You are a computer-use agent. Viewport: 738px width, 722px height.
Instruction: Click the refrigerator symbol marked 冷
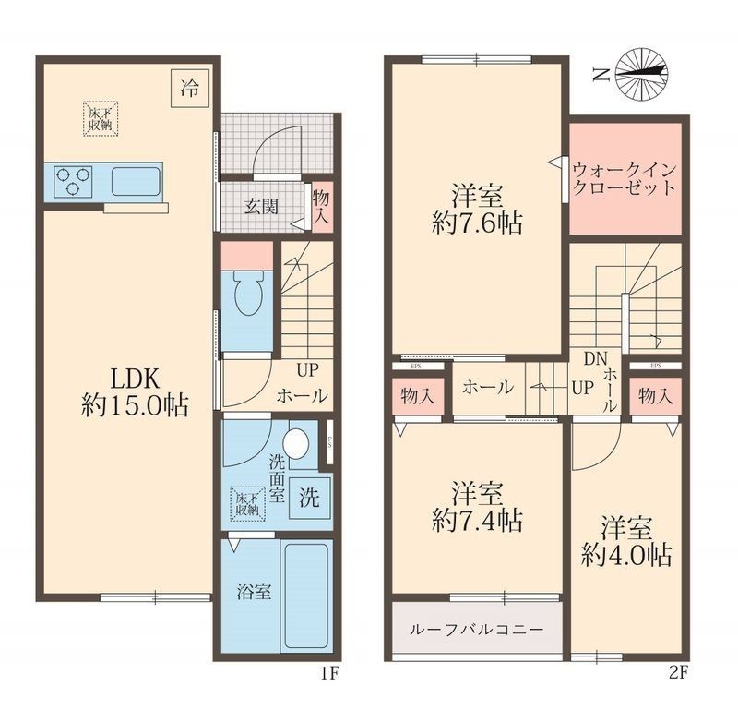[188, 89]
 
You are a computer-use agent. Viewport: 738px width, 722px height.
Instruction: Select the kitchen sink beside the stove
[137, 181]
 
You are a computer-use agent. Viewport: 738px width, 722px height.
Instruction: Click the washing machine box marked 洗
[309, 499]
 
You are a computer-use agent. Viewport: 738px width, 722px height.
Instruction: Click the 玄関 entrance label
[260, 206]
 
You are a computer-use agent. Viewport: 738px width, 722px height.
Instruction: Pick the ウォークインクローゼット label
[624, 178]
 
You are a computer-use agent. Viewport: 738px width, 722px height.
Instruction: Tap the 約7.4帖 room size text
[477, 520]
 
